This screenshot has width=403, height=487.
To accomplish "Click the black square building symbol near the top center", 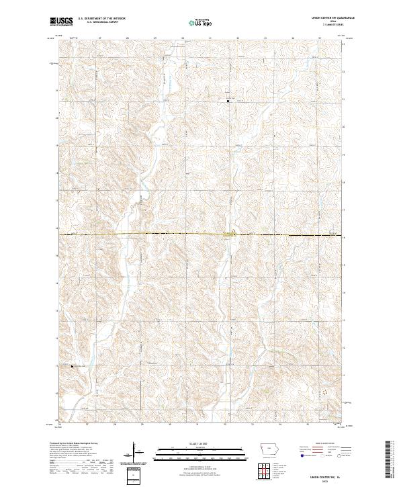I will (228, 101).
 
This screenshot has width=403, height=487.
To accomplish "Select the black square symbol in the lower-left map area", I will (73, 367).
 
